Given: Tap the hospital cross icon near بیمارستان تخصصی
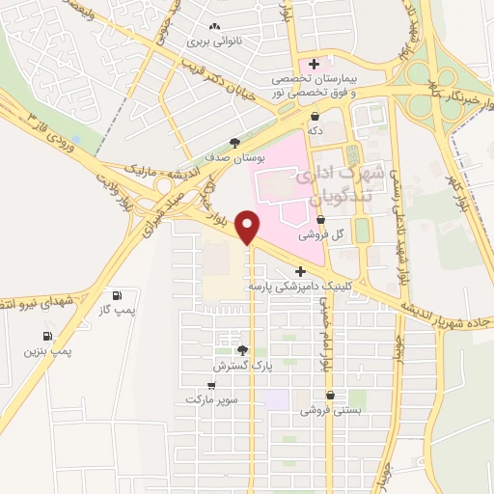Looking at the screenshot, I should coord(313,64).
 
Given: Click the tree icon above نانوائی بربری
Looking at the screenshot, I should coord(213,28).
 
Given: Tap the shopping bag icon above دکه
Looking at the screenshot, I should coord(315,115).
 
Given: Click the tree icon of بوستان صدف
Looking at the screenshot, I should coord(234,143).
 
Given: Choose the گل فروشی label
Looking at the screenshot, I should coord(315,234).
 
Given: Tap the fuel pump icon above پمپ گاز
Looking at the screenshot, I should coord(118,294).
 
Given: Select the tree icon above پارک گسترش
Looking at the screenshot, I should coord(243,352).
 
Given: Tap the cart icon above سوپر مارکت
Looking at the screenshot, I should coord(211,385).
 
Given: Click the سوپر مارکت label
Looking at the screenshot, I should coord(211,398).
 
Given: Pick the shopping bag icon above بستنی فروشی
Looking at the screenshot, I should coord(331,395).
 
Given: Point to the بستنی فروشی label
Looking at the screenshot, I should coord(331,410).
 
